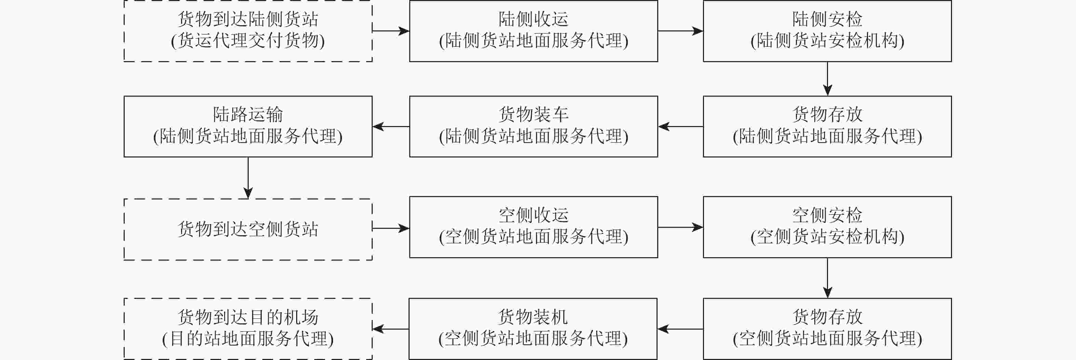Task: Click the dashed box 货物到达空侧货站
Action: click(248, 229)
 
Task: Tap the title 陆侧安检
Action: click(827, 19)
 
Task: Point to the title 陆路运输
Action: click(248, 114)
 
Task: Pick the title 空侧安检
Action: click(827, 216)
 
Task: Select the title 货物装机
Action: click(533, 317)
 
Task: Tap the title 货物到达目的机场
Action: click(248, 317)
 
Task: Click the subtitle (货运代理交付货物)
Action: click(248, 41)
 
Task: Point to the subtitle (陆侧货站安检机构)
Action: click(827, 41)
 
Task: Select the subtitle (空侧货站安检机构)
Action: click(827, 237)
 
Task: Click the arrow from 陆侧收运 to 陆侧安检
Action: click(680, 31)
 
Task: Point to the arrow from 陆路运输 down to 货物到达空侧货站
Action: click(248, 178)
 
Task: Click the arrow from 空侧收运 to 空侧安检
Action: click(680, 227)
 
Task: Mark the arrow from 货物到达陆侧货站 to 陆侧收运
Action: click(390, 31)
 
